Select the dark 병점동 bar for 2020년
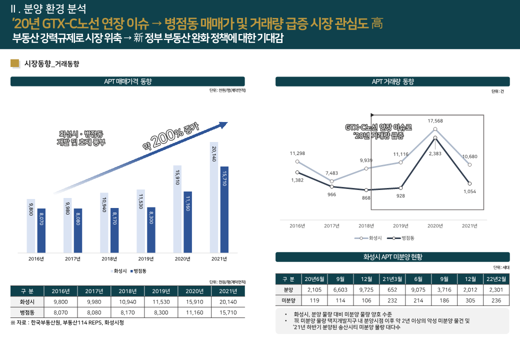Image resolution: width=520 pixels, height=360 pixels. pos(187,222)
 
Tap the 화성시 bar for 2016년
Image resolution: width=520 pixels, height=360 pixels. pos(31,225)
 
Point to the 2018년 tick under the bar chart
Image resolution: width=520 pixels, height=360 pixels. pos(109,259)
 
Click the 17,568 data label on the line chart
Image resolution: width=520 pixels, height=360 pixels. pos(435,121)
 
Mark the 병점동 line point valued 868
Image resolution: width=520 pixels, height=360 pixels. pos(366,190)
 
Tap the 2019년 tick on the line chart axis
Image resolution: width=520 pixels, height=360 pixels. pos(400,226)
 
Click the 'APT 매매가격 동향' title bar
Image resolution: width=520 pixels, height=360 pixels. pos(127,81)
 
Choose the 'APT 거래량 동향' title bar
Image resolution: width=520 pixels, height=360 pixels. pos(392,81)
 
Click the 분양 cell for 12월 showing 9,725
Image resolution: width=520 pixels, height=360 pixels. pos(366,290)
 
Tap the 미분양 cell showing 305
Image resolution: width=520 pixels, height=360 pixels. pos(470,300)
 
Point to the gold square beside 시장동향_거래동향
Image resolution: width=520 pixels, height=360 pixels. pos(15,63)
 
